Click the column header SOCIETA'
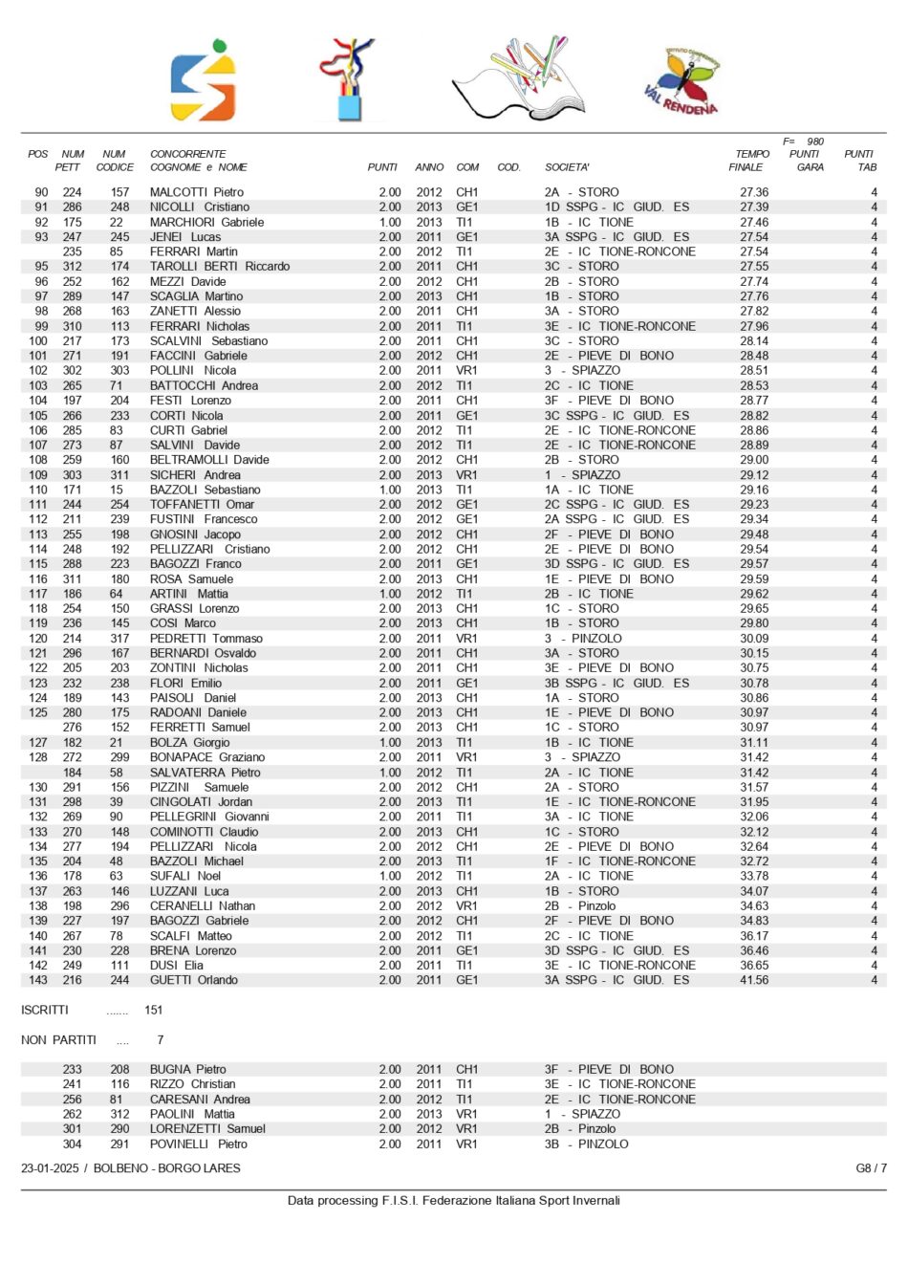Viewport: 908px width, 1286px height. point(567,167)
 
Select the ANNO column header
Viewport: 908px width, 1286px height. point(429,167)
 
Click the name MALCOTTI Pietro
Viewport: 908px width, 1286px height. point(196,192)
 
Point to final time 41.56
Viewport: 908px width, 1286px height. point(754,980)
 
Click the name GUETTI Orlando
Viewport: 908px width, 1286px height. point(193,980)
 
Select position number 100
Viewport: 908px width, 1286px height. point(38,341)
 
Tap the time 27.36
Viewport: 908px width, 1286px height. point(754,192)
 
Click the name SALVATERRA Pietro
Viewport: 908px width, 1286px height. point(205,773)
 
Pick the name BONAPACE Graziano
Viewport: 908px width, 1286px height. point(207,757)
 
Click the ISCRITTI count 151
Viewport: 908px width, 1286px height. point(154,1010)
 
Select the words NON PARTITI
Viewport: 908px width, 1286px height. point(58,1039)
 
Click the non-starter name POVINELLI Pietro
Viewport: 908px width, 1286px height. point(198,1144)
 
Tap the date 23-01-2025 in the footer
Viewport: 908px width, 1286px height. point(52,1168)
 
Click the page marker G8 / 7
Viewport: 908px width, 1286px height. point(871,1168)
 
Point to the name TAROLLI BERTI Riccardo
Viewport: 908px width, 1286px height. point(219,267)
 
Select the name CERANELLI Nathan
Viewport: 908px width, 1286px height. point(202,905)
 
